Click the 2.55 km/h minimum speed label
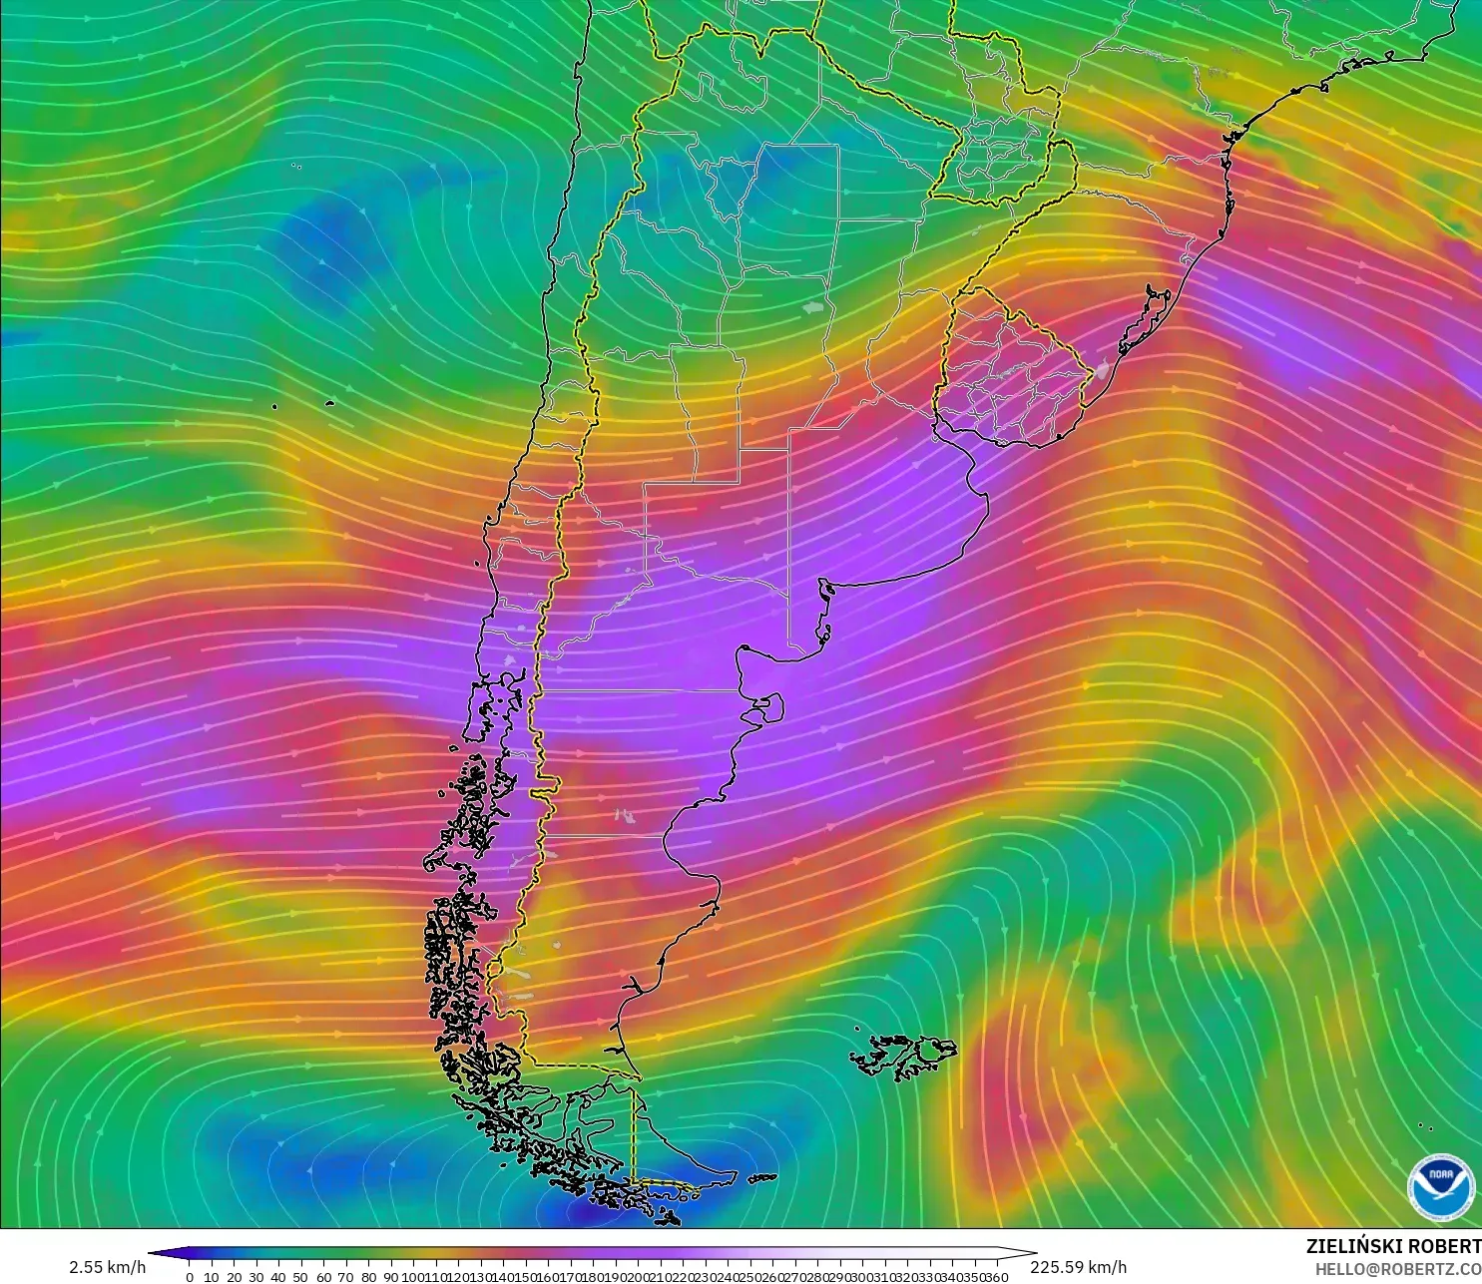click(x=107, y=1267)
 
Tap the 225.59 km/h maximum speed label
click(x=1078, y=1267)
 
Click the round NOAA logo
click(x=1440, y=1186)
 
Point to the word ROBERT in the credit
click(x=1447, y=1246)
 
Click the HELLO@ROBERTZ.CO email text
click(x=1397, y=1269)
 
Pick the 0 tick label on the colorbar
click(x=190, y=1277)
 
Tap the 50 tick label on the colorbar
click(x=300, y=1277)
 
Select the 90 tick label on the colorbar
click(x=390, y=1277)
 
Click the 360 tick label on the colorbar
click(x=997, y=1277)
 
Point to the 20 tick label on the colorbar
click(x=234, y=1277)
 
